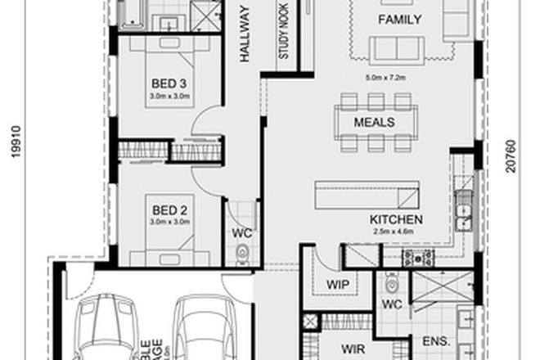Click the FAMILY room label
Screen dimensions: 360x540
(x=398, y=20)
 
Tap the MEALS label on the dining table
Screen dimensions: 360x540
(x=374, y=122)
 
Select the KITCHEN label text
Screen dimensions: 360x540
(x=396, y=219)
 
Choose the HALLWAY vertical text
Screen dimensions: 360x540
(x=243, y=33)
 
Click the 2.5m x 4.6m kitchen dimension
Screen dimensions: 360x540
(x=397, y=232)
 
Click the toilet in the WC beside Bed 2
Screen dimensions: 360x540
(x=242, y=255)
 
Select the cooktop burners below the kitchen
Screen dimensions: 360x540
(x=418, y=258)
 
